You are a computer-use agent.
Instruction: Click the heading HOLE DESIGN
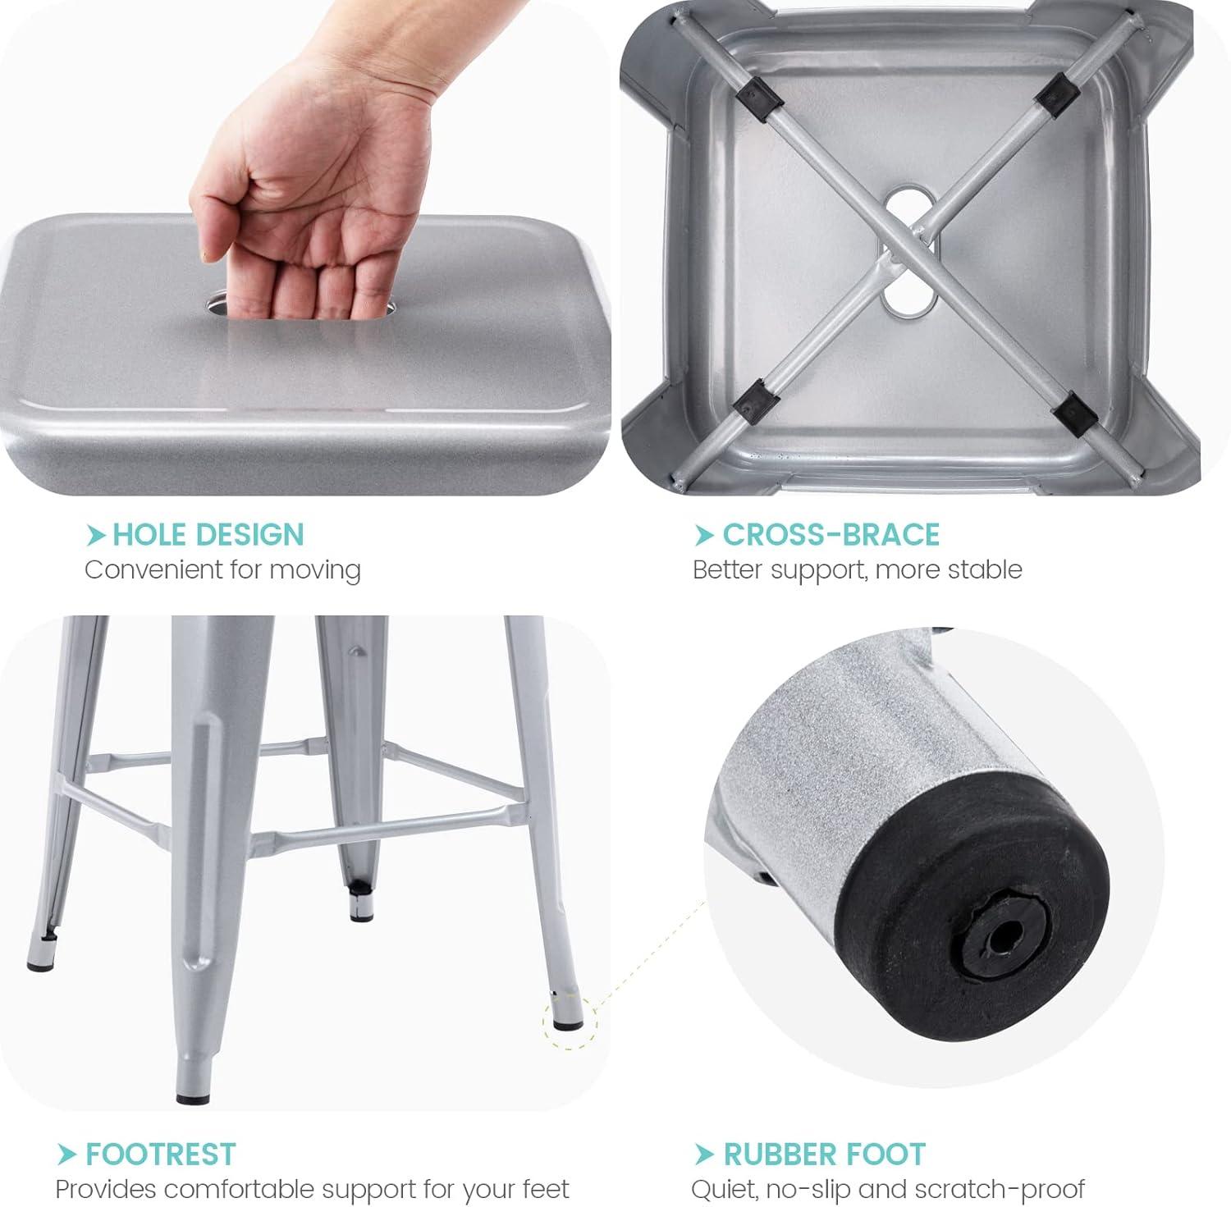(208, 535)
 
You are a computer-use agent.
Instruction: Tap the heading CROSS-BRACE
(831, 535)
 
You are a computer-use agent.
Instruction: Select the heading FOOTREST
(160, 1154)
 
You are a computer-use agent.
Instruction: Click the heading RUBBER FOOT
(824, 1154)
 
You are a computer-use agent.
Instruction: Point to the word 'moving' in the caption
(316, 570)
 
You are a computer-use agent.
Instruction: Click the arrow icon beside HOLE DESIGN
(96, 536)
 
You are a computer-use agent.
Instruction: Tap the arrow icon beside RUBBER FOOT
(704, 1155)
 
